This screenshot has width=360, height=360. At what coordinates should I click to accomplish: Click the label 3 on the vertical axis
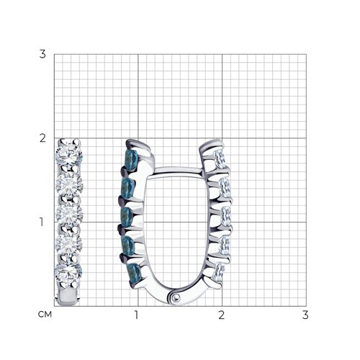coord(42,54)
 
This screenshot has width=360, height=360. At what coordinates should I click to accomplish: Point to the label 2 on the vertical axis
coord(42,138)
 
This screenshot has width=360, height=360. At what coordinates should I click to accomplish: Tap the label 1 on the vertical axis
coord(42,222)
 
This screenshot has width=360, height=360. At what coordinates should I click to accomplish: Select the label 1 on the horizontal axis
coord(137,315)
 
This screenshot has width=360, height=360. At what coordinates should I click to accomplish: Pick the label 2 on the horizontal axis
coord(221,315)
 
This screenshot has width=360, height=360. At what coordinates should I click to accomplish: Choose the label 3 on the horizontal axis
coord(305,315)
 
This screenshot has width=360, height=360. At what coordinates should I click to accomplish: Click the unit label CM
coord(45,315)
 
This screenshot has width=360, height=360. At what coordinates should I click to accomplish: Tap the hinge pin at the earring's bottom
coord(176,297)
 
